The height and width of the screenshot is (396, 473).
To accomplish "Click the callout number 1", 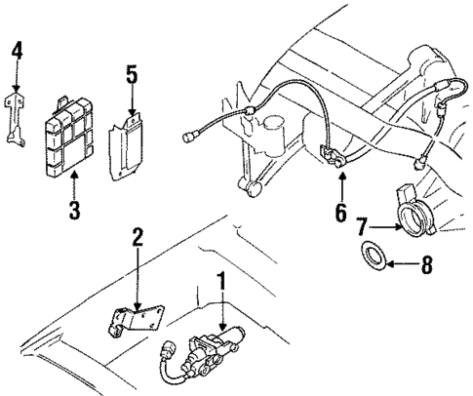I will [222, 283].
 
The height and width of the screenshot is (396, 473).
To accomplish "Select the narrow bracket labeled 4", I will [15, 114].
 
